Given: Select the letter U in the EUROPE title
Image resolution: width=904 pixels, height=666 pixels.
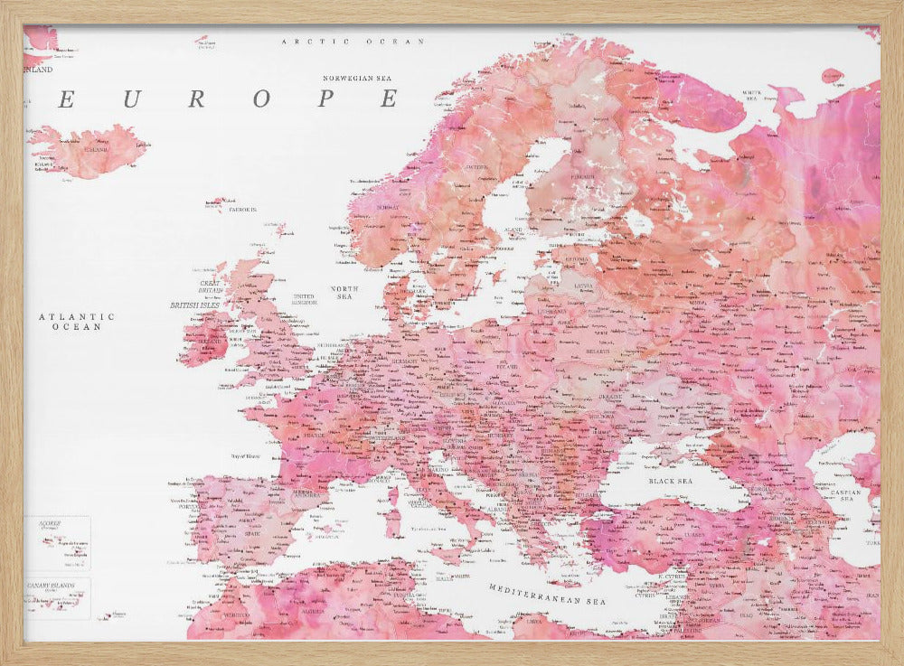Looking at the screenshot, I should tap(131, 99).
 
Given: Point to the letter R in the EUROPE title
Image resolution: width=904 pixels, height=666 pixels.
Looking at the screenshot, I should tap(196, 99).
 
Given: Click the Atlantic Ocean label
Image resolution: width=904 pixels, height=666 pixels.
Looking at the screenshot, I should tap(77, 322).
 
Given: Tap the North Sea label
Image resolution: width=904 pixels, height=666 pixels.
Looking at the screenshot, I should tap(345, 292).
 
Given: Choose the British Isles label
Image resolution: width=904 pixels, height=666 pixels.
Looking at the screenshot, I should tap(195, 305).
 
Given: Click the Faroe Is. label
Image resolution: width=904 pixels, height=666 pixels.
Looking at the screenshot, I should tap(243, 210).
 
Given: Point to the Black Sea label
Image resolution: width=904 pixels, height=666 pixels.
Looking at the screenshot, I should tap(670, 482).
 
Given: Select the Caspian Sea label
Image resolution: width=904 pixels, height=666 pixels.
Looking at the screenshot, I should tap(848, 495).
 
